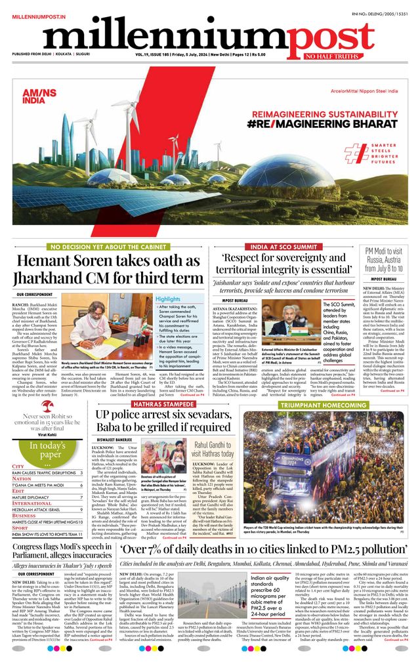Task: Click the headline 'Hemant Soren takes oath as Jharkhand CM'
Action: (109, 269)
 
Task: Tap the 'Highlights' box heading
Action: (168, 299)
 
